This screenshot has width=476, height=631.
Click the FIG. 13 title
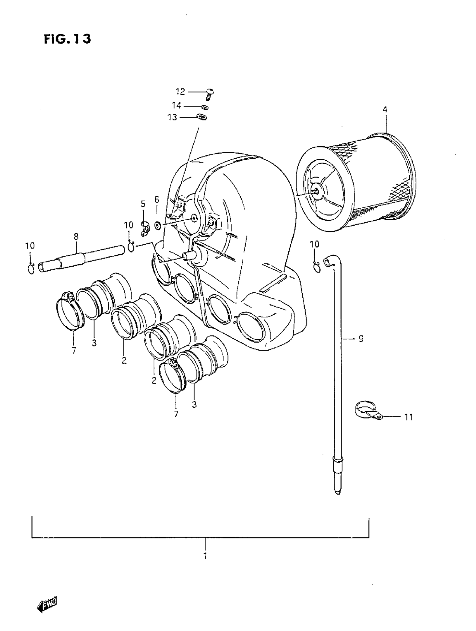coord(67,39)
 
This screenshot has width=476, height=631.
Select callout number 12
coord(180,92)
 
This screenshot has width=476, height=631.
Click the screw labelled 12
coord(210,94)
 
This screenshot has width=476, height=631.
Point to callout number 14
coord(176,106)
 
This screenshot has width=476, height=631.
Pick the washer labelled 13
coord(202,117)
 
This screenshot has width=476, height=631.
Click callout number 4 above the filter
coord(385,110)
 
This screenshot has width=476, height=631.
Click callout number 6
coord(157,200)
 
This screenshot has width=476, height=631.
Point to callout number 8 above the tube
coord(76,237)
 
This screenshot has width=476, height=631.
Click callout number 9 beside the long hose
coord(361,339)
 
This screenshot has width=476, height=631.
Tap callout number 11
coord(409,417)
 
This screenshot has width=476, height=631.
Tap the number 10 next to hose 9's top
coord(314,244)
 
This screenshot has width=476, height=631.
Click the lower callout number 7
coord(176,414)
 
